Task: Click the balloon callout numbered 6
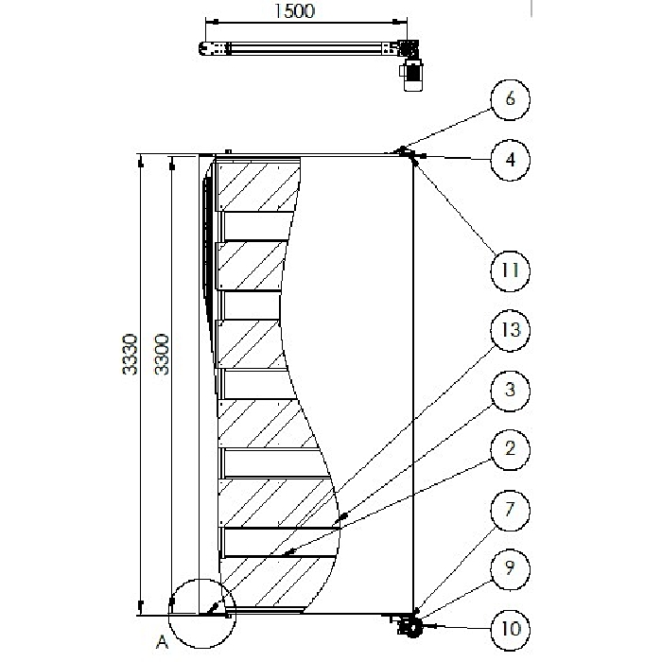(511, 100)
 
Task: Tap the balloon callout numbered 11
(511, 270)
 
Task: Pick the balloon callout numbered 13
(511, 331)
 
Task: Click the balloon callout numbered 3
(511, 390)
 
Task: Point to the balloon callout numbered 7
(511, 511)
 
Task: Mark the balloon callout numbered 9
(511, 569)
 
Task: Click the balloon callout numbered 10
(511, 628)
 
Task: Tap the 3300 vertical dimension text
(162, 354)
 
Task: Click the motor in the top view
(412, 76)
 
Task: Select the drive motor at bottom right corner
(410, 626)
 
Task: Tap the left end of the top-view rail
(205, 48)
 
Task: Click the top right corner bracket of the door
(407, 153)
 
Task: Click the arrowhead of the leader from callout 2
(283, 553)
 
